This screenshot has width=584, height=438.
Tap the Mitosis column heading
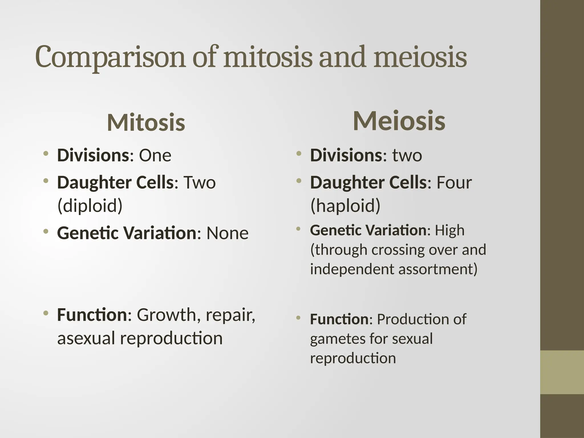click(x=146, y=123)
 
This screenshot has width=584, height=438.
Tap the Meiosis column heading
click(x=399, y=121)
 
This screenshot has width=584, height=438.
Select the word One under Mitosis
click(x=155, y=155)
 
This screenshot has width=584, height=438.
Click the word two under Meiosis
click(x=407, y=155)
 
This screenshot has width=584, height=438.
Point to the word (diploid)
click(x=90, y=205)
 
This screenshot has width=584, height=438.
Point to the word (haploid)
click(x=345, y=205)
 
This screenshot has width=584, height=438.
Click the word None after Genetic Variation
click(x=227, y=233)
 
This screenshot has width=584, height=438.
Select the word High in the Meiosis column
click(x=449, y=230)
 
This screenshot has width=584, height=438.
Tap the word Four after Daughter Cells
click(x=454, y=182)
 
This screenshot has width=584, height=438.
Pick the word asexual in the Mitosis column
click(x=86, y=338)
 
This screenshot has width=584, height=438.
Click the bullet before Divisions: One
click(x=45, y=154)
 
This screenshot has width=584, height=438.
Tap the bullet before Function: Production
click(x=298, y=317)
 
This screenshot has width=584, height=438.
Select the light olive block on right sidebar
click(x=562, y=372)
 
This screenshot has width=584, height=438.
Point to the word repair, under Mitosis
click(x=230, y=315)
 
